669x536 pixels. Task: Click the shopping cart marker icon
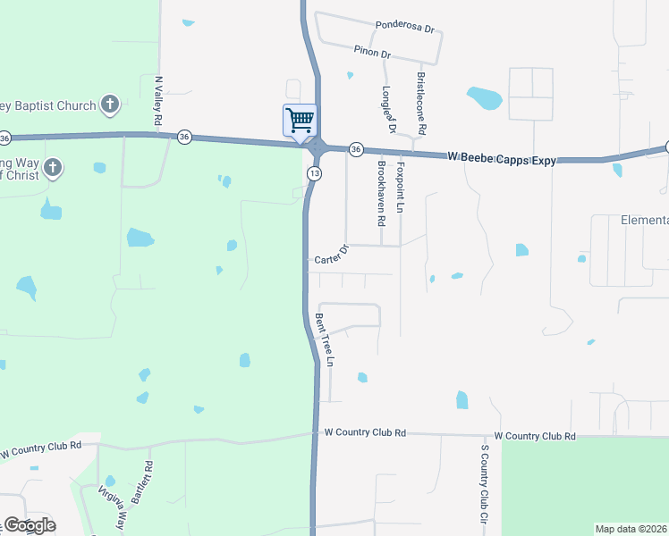click(x=300, y=120)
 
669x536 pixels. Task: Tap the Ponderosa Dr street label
click(x=405, y=26)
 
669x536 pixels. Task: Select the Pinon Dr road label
click(x=372, y=53)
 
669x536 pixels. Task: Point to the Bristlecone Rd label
click(x=419, y=100)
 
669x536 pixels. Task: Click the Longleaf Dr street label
click(x=388, y=109)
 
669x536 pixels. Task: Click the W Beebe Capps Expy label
click(x=502, y=159)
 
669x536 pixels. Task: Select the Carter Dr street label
click(x=331, y=256)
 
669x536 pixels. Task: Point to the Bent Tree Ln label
click(x=325, y=339)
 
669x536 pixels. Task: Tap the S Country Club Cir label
click(x=484, y=483)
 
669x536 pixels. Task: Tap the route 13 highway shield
click(x=314, y=172)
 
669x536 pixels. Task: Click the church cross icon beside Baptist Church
click(x=109, y=105)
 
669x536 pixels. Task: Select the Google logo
click(x=29, y=525)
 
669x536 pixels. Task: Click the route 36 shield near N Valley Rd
click(x=184, y=137)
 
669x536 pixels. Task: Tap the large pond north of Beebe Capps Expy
click(x=484, y=97)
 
